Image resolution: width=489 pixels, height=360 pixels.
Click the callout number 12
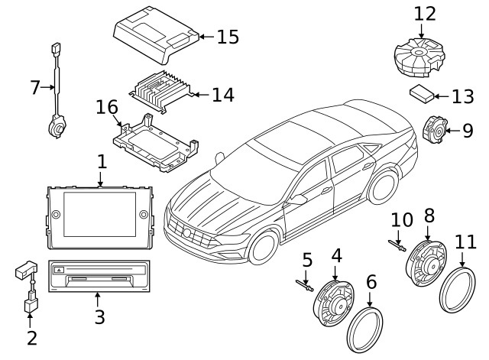424,14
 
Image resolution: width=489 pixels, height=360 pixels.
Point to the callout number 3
99,317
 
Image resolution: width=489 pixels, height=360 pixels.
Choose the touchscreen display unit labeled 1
99,216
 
